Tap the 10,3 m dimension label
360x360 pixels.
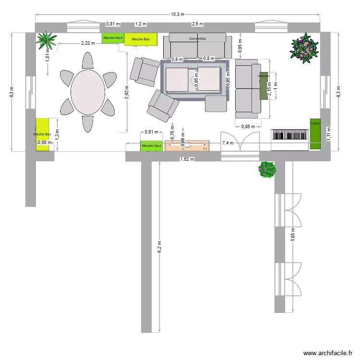click(177, 14)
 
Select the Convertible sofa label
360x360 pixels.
click(197, 38)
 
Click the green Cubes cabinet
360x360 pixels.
click(315, 133)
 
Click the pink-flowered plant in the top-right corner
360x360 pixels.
click(304, 48)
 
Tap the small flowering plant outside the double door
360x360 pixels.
click(267, 169)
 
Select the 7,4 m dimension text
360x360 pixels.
click(228, 143)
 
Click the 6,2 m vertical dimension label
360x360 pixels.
click(160, 249)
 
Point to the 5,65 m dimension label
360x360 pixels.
click(293, 236)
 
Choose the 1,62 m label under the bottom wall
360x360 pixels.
click(187, 159)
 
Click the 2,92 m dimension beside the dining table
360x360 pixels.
click(127, 93)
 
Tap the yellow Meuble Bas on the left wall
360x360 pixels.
click(42, 134)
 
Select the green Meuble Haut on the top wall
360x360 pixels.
click(113, 38)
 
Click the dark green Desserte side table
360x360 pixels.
click(263, 86)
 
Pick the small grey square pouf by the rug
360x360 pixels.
click(216, 103)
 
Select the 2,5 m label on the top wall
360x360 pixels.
click(197, 24)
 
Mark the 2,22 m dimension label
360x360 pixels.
click(88, 43)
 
